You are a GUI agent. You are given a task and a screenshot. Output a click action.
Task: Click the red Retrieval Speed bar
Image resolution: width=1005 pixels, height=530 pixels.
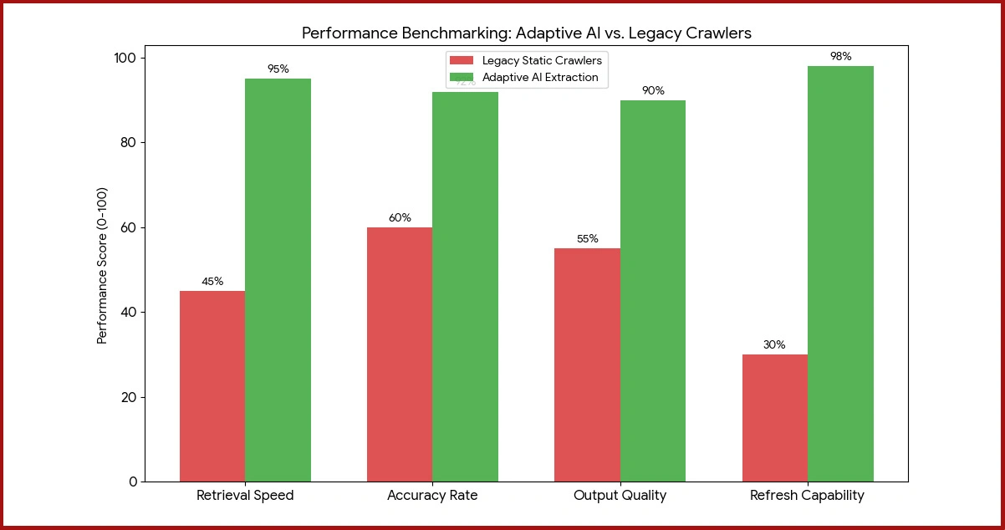(x=212, y=386)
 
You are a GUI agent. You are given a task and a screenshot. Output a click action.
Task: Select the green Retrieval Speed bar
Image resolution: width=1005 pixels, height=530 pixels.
(x=278, y=280)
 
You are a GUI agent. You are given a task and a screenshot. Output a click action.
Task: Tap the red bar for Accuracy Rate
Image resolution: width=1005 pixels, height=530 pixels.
(x=400, y=354)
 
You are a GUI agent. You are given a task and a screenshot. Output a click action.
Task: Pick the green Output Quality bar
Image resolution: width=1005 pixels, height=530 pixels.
(x=652, y=291)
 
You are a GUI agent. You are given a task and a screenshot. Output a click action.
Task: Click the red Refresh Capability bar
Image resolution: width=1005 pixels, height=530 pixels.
(x=774, y=418)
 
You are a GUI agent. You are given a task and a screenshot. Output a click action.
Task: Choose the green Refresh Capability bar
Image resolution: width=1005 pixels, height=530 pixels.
(x=840, y=273)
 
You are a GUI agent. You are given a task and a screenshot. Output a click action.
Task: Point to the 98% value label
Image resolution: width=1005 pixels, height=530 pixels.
(x=840, y=57)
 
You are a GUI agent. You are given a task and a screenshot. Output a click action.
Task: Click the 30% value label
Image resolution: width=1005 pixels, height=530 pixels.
(x=774, y=345)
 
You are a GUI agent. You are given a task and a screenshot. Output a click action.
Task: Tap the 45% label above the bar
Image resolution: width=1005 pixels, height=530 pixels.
(x=212, y=282)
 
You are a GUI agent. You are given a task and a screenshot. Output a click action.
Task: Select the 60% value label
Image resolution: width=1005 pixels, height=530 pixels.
(x=400, y=218)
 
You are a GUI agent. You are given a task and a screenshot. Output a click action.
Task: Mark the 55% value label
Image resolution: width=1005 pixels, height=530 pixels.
(x=587, y=239)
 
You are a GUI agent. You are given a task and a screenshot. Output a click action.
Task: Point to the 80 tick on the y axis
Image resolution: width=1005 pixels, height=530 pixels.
(x=128, y=142)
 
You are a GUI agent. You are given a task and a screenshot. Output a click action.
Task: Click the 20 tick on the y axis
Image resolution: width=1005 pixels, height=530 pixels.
(x=128, y=397)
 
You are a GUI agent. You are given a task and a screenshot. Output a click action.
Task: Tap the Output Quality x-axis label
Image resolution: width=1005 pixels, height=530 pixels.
(x=620, y=495)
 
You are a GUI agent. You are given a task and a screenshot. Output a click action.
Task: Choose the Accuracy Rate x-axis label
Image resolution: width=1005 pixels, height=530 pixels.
(x=432, y=495)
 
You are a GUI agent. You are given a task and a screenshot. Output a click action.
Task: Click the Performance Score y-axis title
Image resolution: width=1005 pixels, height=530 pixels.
(x=103, y=266)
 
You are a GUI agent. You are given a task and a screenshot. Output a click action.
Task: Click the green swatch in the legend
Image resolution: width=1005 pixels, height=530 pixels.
(x=462, y=77)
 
